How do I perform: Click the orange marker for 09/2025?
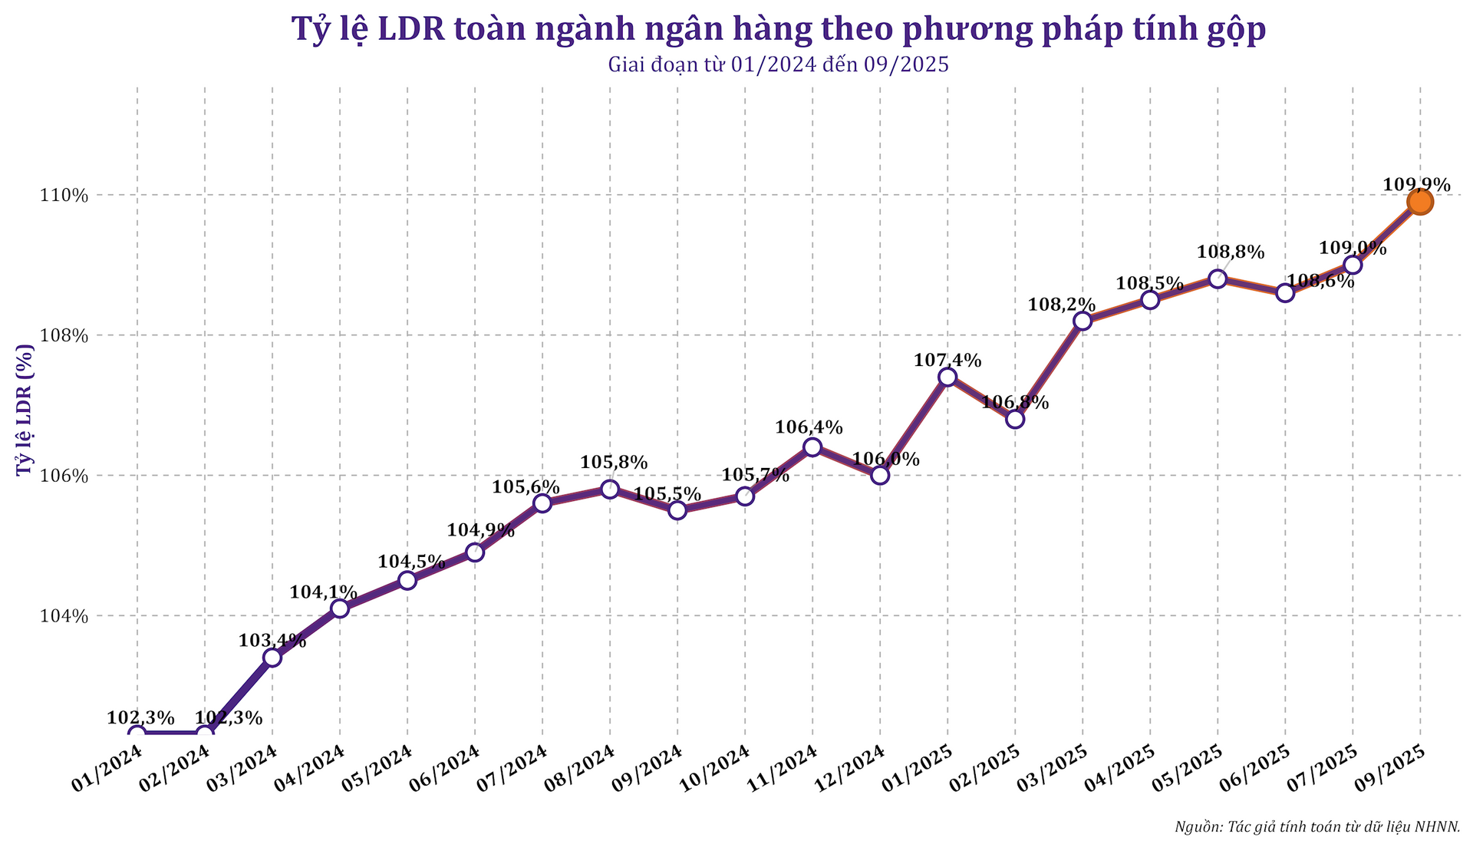click(x=1420, y=202)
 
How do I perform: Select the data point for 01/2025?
click(x=947, y=377)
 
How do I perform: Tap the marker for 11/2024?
click(x=812, y=447)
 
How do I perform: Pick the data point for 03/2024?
click(x=272, y=658)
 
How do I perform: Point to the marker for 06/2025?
click(x=1285, y=293)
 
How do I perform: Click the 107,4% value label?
click(x=947, y=360)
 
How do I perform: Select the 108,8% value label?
click(x=1231, y=252)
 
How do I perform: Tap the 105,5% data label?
click(x=667, y=494)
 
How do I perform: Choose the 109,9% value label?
click(x=1416, y=185)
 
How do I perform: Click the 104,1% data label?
click(x=324, y=592)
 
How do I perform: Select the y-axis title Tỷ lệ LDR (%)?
click(x=25, y=410)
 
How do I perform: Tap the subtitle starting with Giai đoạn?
click(x=778, y=64)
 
